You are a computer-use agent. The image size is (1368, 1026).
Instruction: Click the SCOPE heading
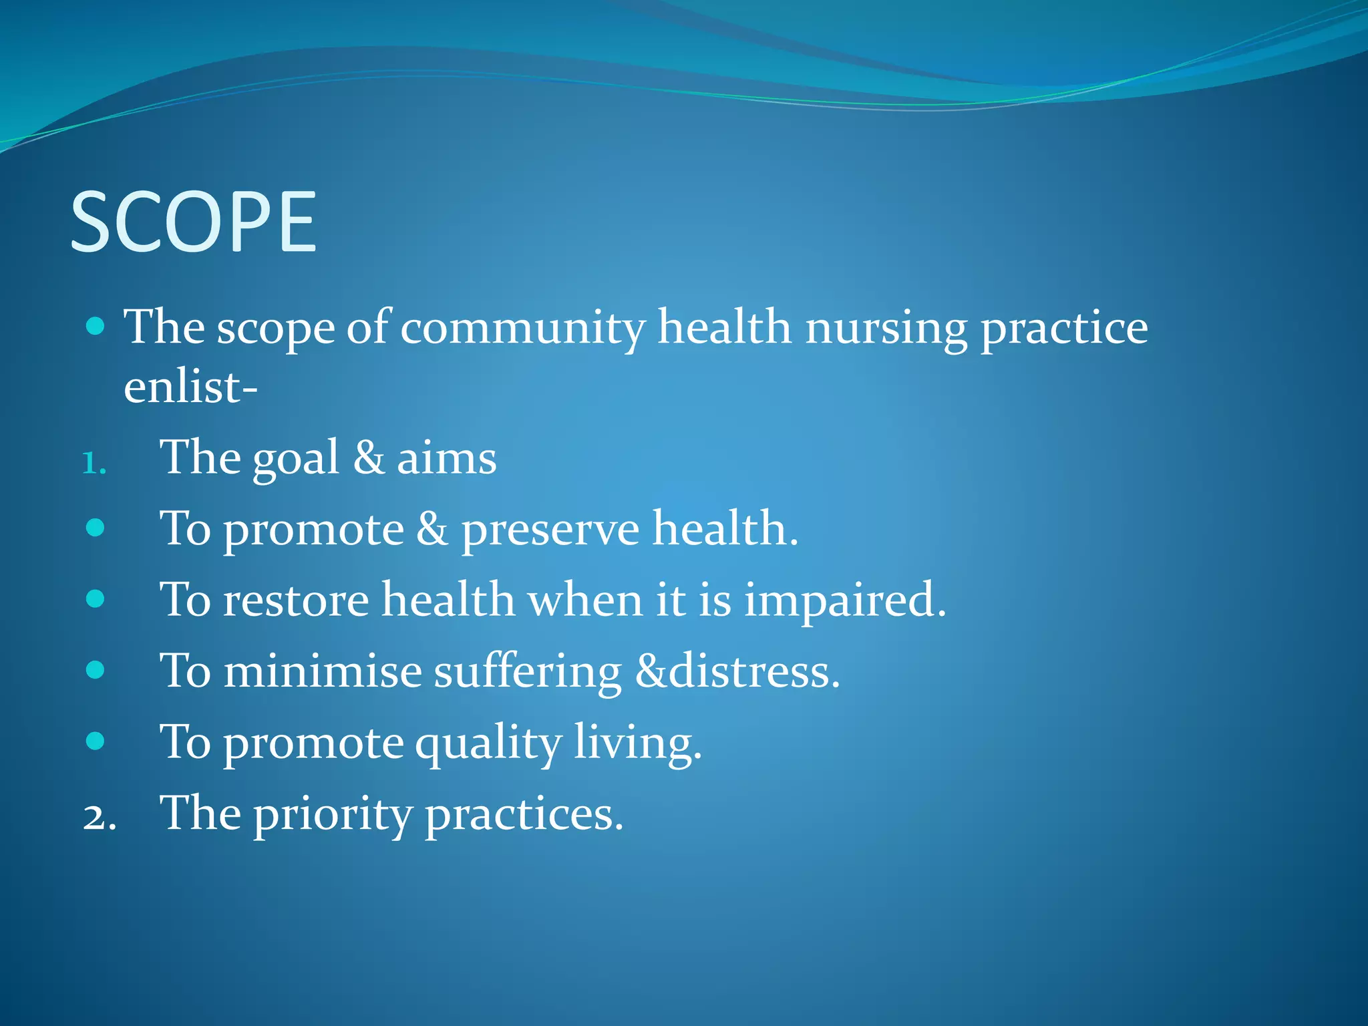point(193,222)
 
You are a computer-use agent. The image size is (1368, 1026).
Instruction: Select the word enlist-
point(190,387)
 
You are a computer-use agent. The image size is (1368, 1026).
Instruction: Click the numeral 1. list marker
point(94,464)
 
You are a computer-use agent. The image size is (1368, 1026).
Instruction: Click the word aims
point(447,460)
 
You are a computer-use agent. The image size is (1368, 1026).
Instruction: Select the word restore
point(296,600)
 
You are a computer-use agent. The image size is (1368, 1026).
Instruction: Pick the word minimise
point(323,671)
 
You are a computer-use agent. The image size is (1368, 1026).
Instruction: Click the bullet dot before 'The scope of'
point(96,327)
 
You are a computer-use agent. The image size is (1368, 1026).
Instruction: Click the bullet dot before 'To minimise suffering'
point(96,670)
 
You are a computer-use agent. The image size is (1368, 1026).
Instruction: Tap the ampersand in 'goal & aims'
point(368,459)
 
